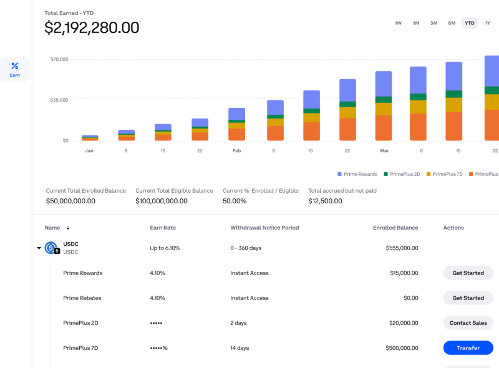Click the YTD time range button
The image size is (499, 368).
(x=469, y=23)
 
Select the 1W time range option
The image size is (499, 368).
(x=398, y=23)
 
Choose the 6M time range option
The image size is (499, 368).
(x=451, y=23)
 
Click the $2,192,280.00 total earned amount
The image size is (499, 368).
(x=92, y=28)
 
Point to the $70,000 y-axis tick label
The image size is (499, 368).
(x=59, y=59)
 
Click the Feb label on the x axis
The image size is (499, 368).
(x=236, y=151)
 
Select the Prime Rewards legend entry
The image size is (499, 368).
(x=357, y=174)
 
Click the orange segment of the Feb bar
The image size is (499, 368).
(x=236, y=134)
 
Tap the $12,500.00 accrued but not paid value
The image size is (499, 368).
(x=325, y=201)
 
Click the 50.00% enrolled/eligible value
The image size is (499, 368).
(x=235, y=201)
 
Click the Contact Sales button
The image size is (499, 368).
(x=468, y=323)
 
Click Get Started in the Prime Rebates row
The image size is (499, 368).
(x=468, y=298)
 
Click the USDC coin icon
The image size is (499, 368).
(x=51, y=247)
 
